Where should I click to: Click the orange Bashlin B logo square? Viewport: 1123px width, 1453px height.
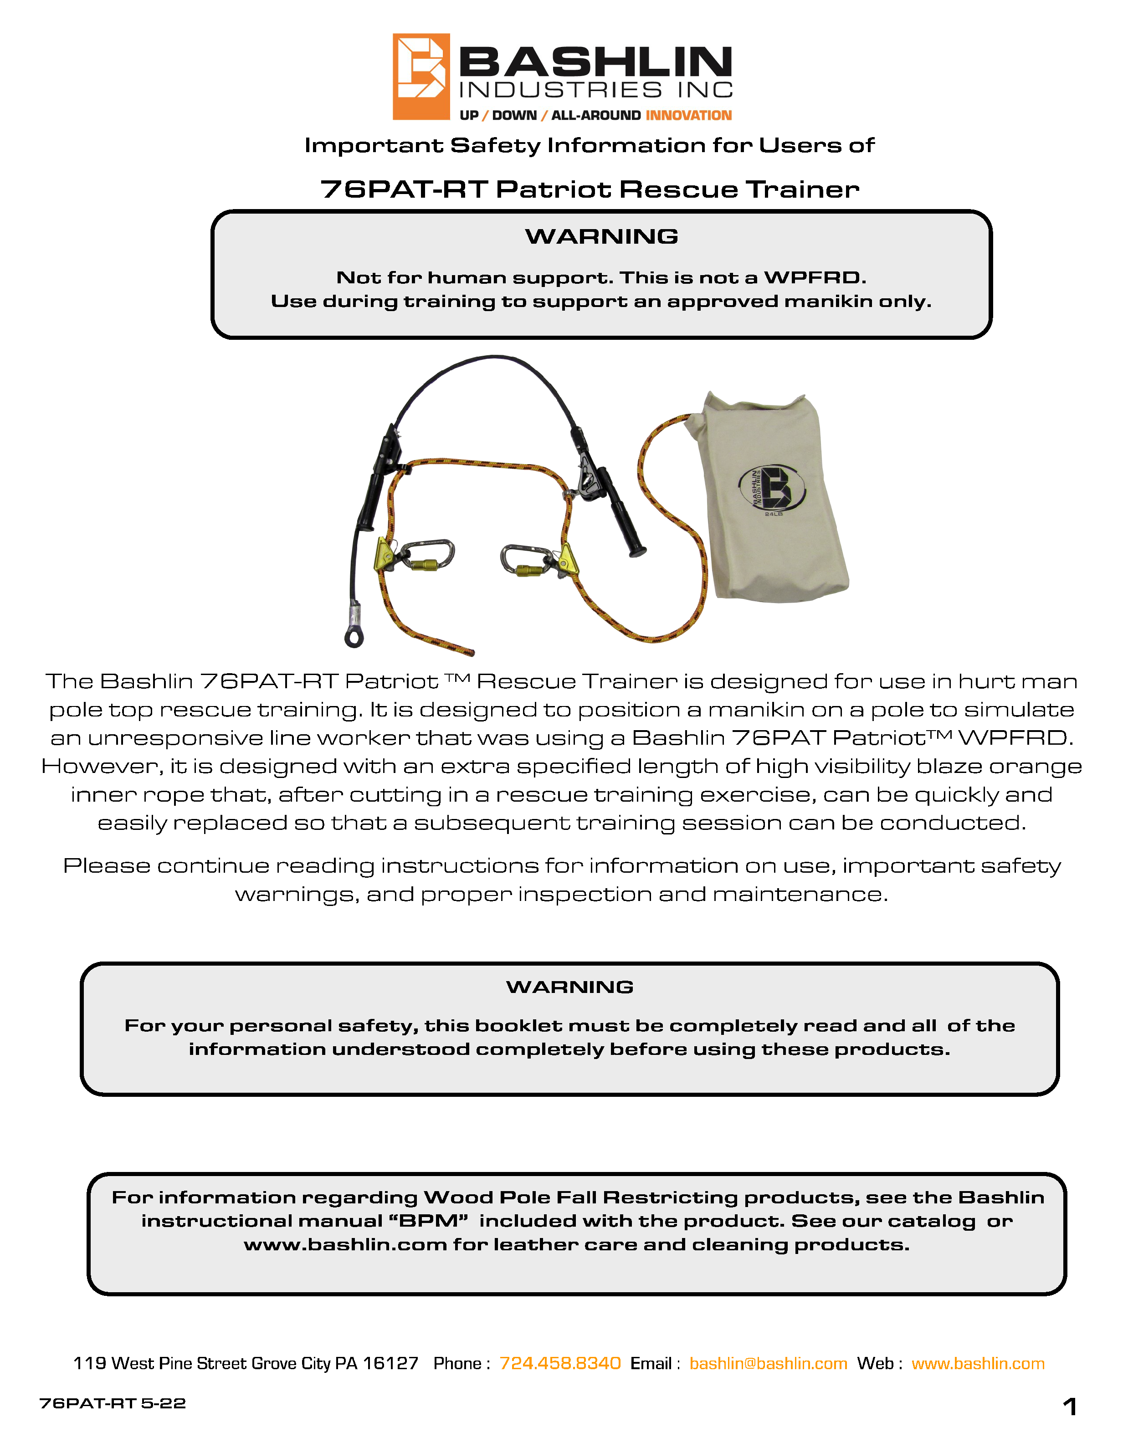click(420, 77)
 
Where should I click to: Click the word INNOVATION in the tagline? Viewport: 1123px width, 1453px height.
click(688, 116)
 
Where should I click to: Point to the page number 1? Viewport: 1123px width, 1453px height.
click(1069, 1407)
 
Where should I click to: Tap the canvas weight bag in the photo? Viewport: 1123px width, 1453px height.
click(772, 499)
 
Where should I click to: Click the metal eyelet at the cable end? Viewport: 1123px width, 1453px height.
click(354, 637)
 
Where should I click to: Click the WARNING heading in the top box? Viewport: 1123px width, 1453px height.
click(601, 237)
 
